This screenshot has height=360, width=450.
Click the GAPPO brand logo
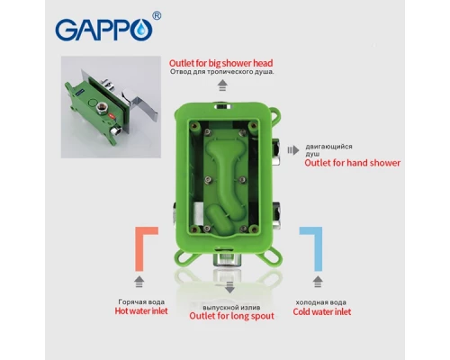point(109,30)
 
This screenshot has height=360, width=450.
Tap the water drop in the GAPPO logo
point(146,32)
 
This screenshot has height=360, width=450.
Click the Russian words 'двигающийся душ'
point(328,150)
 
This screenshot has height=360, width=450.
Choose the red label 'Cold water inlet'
point(322,310)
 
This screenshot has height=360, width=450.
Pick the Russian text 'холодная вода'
point(322,301)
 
